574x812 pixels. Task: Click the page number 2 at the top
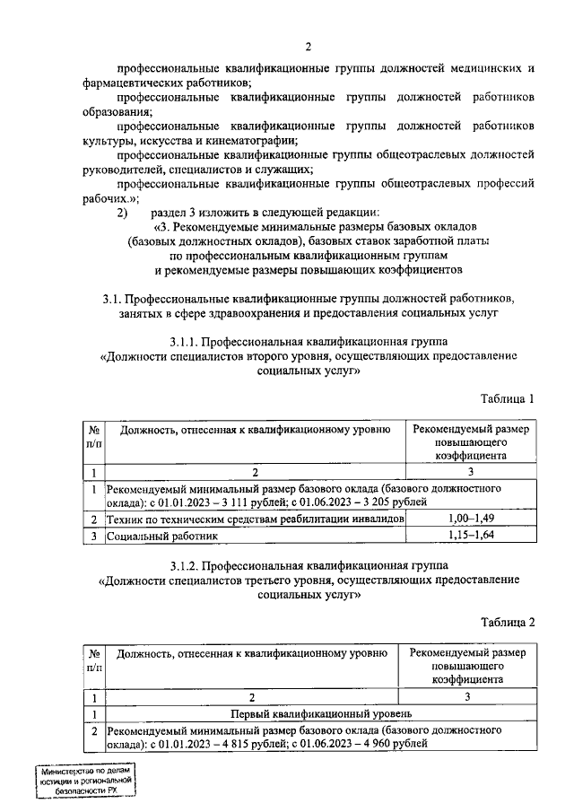coord(308,48)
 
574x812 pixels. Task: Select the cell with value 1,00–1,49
coord(471,520)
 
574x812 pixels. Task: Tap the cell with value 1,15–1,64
coord(471,536)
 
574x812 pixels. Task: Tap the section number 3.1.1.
coord(183,342)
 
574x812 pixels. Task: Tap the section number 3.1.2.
coord(183,565)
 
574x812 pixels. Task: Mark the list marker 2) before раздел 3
coord(123,213)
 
